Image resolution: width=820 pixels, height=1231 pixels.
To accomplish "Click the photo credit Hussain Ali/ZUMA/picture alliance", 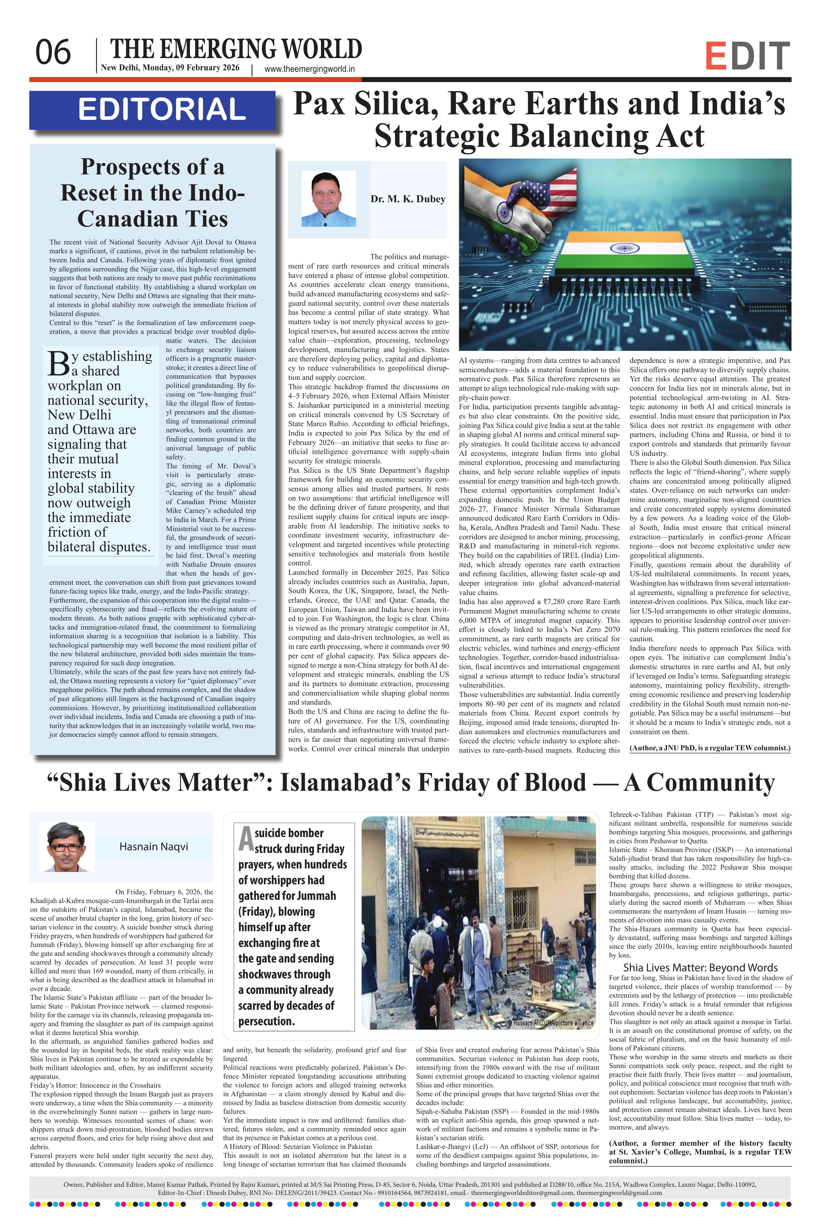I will pos(550,1023).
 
